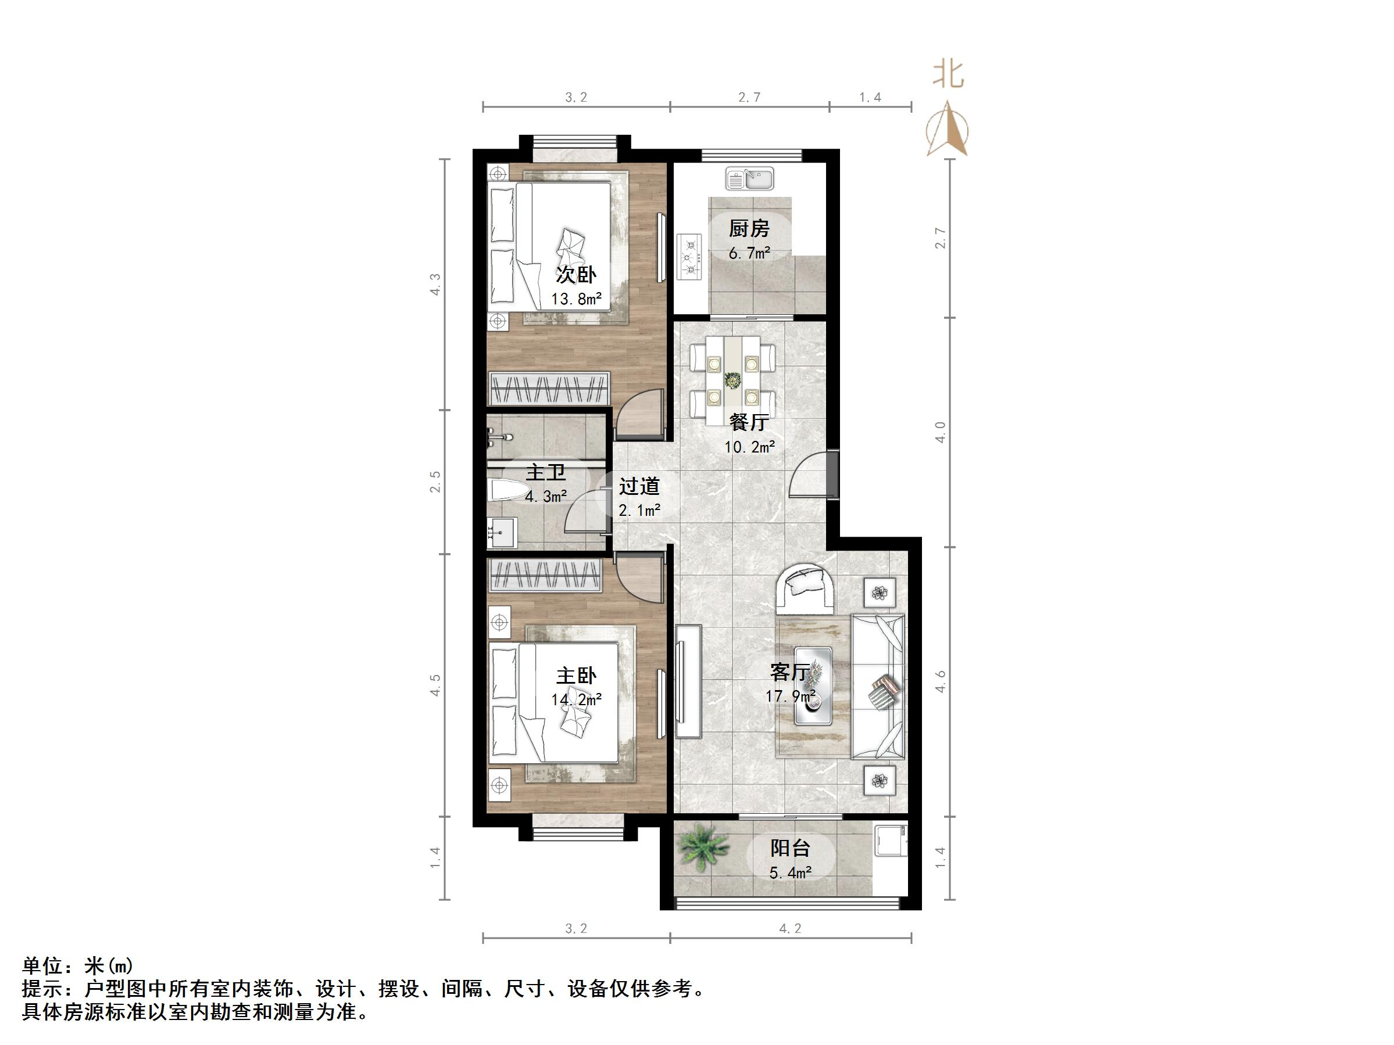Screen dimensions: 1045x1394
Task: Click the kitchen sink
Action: click(749, 178)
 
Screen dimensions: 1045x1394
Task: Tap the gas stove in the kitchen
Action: click(689, 257)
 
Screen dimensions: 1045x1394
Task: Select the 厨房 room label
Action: click(749, 228)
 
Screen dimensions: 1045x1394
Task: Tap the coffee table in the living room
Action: click(812, 685)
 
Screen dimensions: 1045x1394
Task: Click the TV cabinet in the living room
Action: click(688, 681)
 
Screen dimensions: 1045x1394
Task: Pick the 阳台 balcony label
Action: click(789, 848)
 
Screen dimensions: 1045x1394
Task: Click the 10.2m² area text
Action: click(749, 447)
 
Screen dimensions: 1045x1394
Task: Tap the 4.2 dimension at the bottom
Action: click(789, 928)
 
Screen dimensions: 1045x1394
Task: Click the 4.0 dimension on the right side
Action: click(939, 432)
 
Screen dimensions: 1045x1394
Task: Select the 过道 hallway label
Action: click(639, 486)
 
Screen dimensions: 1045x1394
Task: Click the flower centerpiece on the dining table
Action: click(732, 380)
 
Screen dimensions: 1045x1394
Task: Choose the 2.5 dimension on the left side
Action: click(435, 482)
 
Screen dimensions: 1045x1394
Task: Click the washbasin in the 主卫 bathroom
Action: click(502, 532)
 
